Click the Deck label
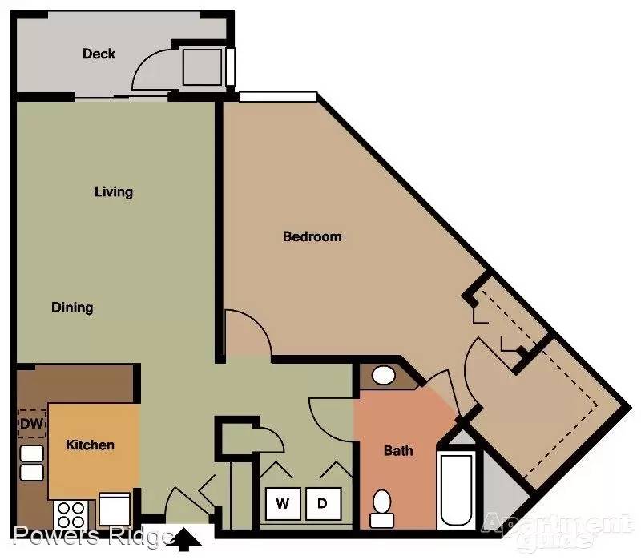[x=99, y=54]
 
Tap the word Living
[x=114, y=191]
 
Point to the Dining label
[x=72, y=308]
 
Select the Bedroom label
[x=312, y=236]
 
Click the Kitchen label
[x=90, y=445]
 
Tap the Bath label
[x=398, y=451]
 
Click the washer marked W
[x=283, y=503]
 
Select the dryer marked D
[x=323, y=503]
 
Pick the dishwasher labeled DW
[x=31, y=424]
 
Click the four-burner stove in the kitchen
[x=71, y=514]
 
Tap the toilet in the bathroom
[x=382, y=509]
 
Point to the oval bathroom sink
[x=384, y=375]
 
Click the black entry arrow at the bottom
[x=187, y=537]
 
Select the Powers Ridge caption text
[x=92, y=536]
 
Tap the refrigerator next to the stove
[x=115, y=510]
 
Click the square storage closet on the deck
[x=203, y=67]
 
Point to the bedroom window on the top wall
[x=278, y=96]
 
